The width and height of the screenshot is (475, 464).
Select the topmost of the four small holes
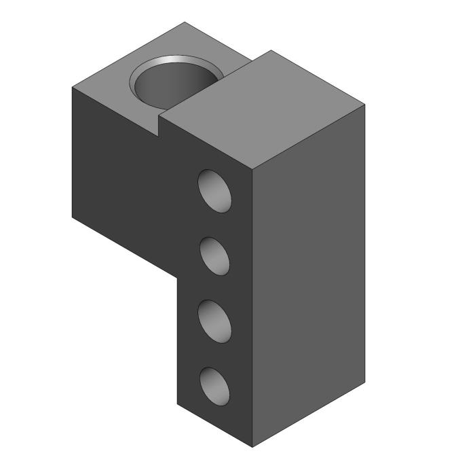[214, 190]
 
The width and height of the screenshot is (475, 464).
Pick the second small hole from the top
[214, 255]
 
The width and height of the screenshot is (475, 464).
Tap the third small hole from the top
[214, 320]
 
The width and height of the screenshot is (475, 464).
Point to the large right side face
[309, 272]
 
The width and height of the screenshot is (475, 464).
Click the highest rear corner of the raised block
[271, 50]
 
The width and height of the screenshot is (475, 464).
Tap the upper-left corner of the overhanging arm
[72, 88]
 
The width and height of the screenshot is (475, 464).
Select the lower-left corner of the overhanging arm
[72, 217]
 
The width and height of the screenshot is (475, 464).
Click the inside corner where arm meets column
[178, 278]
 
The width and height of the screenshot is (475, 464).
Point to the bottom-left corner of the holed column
[178, 404]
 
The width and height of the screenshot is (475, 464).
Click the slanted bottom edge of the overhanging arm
[125, 247]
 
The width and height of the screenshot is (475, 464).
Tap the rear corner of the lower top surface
[186, 22]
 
